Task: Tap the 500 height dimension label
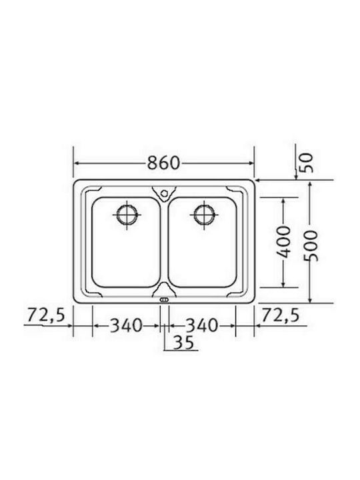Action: [x=311, y=246]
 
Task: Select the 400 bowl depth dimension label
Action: [x=283, y=242]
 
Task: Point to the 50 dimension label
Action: [x=307, y=163]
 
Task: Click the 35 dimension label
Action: [x=184, y=342]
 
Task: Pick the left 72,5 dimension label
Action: [x=46, y=315]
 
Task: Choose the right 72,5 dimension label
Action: [x=281, y=315]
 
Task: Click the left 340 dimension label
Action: [x=126, y=325]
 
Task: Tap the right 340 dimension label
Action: [x=203, y=325]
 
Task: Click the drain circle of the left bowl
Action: [x=127, y=214]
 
